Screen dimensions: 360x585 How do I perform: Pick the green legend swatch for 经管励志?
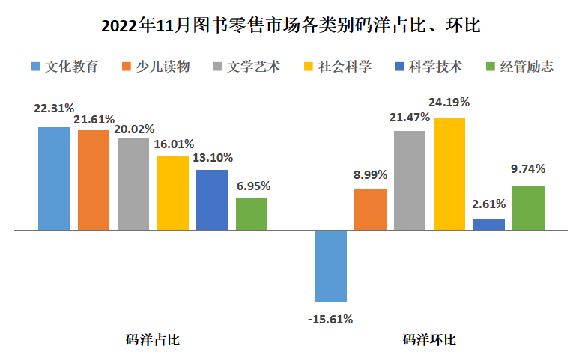coord(492,66)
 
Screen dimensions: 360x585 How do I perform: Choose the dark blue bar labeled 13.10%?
coord(212,200)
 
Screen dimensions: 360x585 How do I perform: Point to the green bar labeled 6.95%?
coord(252,214)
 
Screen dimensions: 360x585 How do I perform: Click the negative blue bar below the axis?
coord(331,266)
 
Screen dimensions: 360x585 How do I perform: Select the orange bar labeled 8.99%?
coord(370,210)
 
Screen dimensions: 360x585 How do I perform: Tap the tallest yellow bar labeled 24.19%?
coord(449,174)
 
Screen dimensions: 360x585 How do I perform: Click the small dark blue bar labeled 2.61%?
coord(489,224)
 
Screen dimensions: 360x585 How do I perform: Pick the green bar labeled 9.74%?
coord(528,207)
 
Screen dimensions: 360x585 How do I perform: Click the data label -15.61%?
coord(330,319)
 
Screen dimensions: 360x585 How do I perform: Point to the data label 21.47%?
coord(410,117)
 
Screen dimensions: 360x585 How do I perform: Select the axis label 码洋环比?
coord(429,340)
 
